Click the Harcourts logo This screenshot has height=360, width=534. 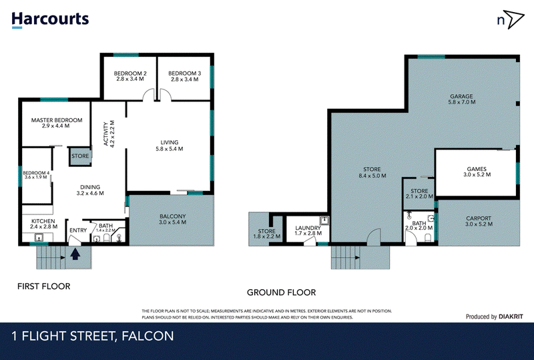50,19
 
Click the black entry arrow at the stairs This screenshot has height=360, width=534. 75,254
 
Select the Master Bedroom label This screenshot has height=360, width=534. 57,120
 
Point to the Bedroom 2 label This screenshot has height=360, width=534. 130,73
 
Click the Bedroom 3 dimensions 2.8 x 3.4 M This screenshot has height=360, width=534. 185,79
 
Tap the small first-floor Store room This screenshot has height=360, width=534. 80,156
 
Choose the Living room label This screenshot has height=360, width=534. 170,142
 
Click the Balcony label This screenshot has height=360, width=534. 173,216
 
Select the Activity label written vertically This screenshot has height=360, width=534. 105,134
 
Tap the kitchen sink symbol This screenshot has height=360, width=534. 39,237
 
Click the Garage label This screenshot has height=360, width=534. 461,96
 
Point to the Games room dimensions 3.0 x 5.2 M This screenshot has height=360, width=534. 477,174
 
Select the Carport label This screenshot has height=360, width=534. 479,218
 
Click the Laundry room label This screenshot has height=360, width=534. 308,228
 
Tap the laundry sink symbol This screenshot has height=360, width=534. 324,220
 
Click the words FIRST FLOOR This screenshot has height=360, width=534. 44,287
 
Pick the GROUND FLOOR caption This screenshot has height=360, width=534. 281,293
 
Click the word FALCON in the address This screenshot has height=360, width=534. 148,336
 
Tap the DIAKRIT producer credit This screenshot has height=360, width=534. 511,317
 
